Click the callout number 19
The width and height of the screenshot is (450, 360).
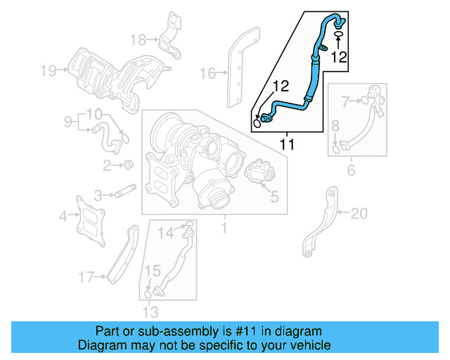47,70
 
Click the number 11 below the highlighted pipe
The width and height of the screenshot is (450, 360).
287,145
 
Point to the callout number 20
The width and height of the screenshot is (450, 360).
359,214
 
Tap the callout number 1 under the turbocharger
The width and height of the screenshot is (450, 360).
224,228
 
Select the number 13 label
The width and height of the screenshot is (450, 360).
150,312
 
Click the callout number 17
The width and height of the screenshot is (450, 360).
86,278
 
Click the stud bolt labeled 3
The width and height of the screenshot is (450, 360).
125,191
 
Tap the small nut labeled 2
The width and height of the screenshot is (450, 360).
129,165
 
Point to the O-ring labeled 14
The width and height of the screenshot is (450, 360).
188,226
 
